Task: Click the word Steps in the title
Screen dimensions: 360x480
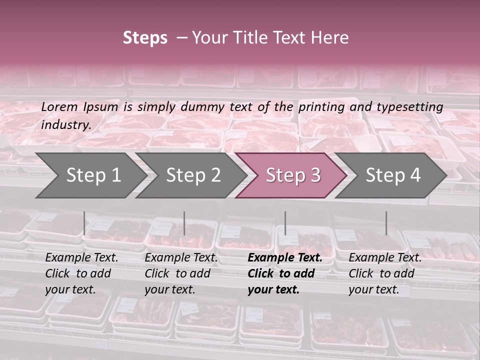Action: pyautogui.click(x=145, y=38)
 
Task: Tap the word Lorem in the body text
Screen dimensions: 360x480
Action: pyautogui.click(x=59, y=106)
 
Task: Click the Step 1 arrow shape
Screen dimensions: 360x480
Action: pyautogui.click(x=90, y=175)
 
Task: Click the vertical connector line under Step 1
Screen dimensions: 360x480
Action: pyautogui.click(x=84, y=223)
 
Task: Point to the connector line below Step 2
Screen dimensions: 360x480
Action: pyautogui.click(x=184, y=223)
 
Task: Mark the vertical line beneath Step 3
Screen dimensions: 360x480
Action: pyautogui.click(x=285, y=223)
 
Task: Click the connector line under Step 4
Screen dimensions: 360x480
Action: pyautogui.click(x=386, y=223)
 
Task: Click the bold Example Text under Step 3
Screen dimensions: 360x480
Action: pyautogui.click(x=285, y=257)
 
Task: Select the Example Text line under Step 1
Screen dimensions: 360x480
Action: pyautogui.click(x=81, y=257)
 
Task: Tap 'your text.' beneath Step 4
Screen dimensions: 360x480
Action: pyautogui.click(x=374, y=289)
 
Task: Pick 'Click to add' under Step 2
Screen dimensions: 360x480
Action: pyautogui.click(x=177, y=273)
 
